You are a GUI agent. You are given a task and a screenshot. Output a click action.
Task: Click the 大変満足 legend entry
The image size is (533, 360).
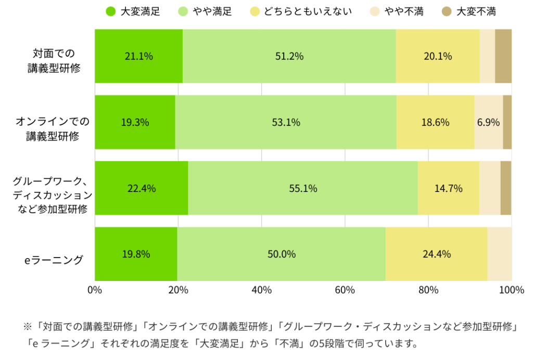[132, 11]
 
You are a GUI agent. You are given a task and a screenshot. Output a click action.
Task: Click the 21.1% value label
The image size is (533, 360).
[139, 56]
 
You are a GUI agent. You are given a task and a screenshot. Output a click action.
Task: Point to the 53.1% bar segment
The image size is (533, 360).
[286, 123]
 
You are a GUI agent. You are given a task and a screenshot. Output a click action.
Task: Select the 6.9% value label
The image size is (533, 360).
[488, 123]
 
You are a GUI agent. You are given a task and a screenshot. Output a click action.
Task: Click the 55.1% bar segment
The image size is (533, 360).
[303, 188]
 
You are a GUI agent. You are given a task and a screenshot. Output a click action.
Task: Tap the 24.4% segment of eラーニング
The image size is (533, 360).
[436, 254]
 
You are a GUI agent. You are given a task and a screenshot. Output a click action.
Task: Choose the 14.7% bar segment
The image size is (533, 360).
[448, 188]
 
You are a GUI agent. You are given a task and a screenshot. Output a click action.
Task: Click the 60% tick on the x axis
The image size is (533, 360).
[345, 290]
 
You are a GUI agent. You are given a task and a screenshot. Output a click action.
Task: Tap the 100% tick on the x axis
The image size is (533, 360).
[511, 290]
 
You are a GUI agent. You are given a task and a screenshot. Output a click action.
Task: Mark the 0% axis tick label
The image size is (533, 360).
[95, 290]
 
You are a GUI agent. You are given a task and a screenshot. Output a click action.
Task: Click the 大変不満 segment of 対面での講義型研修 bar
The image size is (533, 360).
[503, 56]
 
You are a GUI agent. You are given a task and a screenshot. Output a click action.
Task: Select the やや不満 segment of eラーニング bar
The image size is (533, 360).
[499, 254]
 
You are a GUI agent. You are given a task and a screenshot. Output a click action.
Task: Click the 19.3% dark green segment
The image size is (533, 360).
[135, 123]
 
